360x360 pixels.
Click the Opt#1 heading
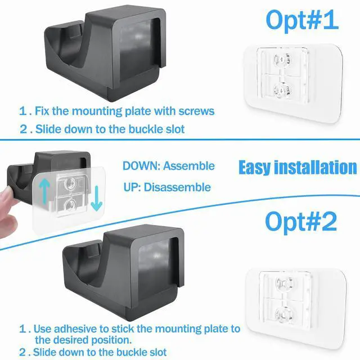(x=302, y=21)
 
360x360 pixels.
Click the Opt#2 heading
(x=301, y=221)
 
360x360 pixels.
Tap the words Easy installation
(x=298, y=168)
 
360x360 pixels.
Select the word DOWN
(x=141, y=166)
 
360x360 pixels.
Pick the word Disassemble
(x=177, y=187)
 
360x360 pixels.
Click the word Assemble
(x=189, y=166)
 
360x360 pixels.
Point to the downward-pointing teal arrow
(x=96, y=199)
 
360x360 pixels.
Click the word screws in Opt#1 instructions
(x=196, y=111)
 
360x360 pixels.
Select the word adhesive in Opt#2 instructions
(x=75, y=328)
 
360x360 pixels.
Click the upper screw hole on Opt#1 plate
(x=282, y=60)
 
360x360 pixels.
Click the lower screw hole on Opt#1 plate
(x=282, y=90)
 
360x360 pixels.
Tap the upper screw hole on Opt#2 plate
(x=285, y=284)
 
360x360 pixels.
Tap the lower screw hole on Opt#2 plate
(x=284, y=314)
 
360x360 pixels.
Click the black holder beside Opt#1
(x=105, y=53)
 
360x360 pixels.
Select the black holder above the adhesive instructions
(x=124, y=272)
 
